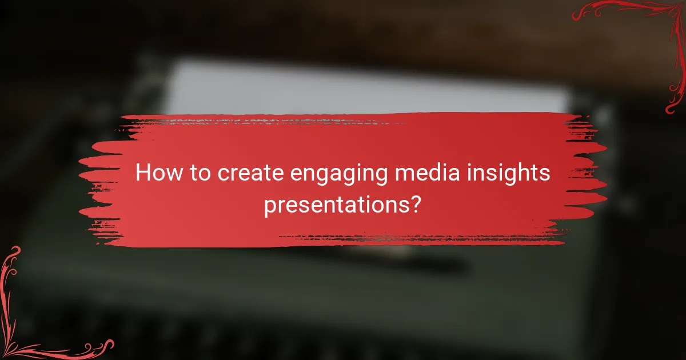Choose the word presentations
[x=336, y=205]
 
